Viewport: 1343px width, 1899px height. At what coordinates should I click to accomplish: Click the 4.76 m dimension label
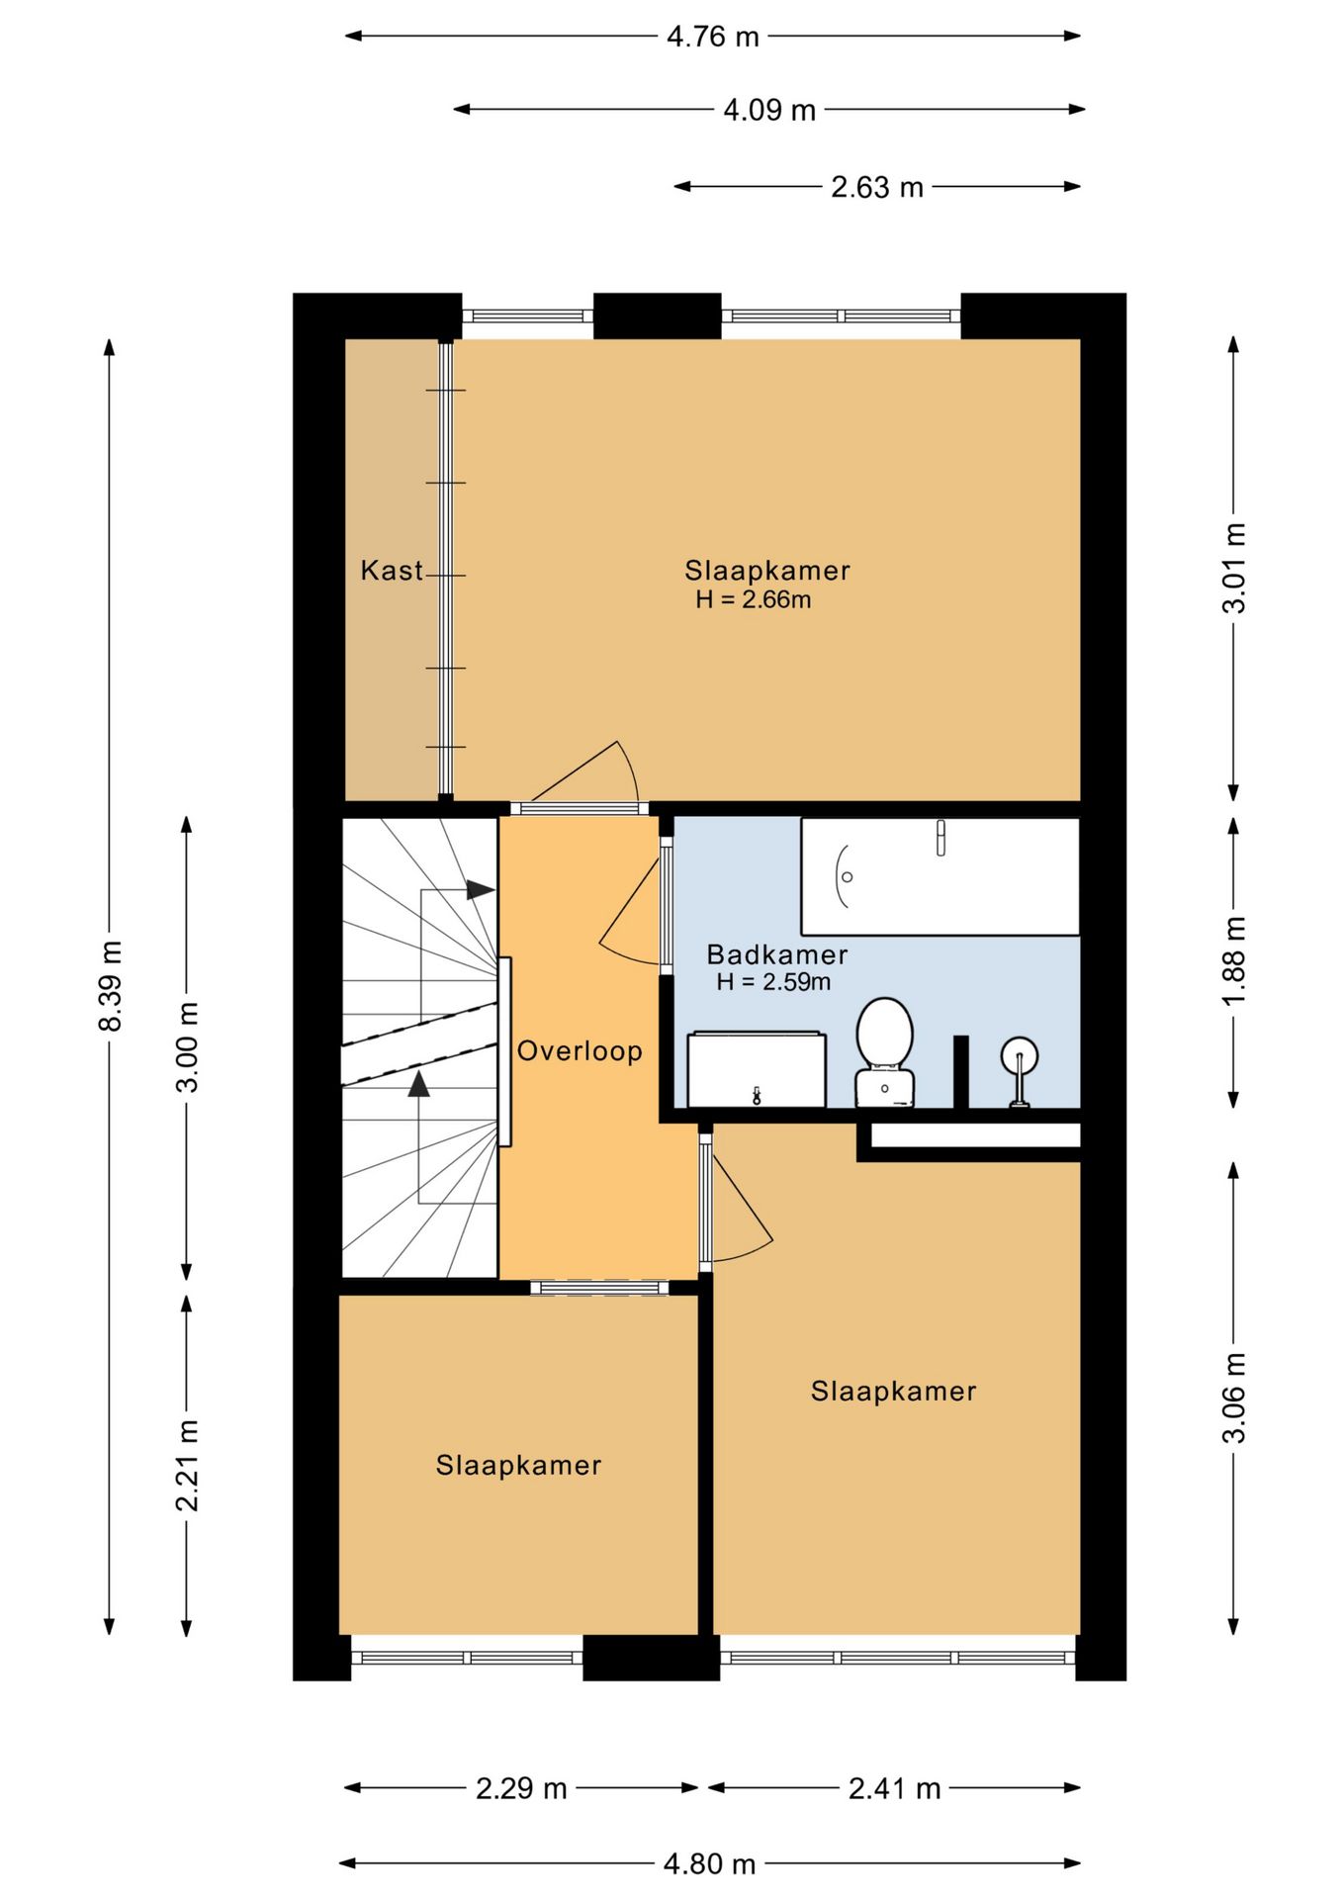pyautogui.click(x=712, y=37)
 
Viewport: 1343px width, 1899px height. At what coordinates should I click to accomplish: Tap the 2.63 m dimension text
pyautogui.click(x=877, y=187)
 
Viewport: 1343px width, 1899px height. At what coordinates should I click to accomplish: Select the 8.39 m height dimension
pyautogui.click(x=110, y=987)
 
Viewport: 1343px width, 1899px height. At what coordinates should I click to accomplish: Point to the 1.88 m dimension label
pyautogui.click(x=1234, y=961)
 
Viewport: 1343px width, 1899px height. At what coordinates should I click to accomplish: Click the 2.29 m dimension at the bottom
pyautogui.click(x=521, y=1788)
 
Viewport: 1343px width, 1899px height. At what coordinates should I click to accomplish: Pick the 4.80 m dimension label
pyautogui.click(x=710, y=1864)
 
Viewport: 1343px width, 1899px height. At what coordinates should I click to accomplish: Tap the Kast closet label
pyautogui.click(x=392, y=571)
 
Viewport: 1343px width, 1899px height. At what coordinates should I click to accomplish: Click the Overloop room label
pyautogui.click(x=580, y=1050)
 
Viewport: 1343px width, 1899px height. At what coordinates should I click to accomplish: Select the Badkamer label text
pyautogui.click(x=777, y=954)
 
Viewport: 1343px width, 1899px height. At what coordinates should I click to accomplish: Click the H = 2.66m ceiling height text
pyautogui.click(x=754, y=599)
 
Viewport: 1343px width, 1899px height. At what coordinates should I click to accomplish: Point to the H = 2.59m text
pyautogui.click(x=773, y=982)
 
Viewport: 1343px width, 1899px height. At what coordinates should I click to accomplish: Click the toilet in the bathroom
pyautogui.click(x=884, y=1052)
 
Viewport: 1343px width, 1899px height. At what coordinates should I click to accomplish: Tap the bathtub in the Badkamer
pyautogui.click(x=940, y=876)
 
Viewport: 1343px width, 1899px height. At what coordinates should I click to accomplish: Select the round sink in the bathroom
pyautogui.click(x=1019, y=1070)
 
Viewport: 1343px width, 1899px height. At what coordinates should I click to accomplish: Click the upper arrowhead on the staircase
pyautogui.click(x=481, y=889)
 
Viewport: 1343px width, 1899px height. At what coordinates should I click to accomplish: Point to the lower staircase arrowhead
pyautogui.click(x=419, y=1084)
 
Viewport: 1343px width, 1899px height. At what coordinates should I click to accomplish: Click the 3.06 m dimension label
pyautogui.click(x=1234, y=1398)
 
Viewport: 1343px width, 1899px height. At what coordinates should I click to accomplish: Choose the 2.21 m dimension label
pyautogui.click(x=187, y=1466)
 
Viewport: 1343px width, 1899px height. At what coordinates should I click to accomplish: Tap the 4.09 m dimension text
pyautogui.click(x=769, y=110)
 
